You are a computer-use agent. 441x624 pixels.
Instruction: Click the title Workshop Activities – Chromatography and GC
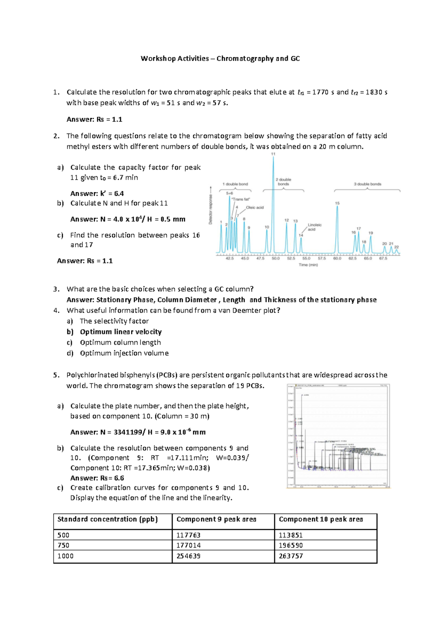pos(220,58)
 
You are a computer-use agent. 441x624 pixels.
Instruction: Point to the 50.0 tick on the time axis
pos(276,258)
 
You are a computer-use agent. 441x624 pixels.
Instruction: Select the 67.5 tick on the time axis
pos(383,258)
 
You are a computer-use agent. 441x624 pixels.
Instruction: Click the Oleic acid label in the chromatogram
pos(255,208)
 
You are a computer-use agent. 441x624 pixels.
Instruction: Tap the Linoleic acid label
pos(314,227)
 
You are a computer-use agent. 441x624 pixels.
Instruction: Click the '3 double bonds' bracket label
pos(367,184)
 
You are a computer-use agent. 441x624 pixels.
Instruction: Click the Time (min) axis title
pos(308,265)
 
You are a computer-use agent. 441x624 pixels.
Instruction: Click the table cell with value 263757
pos(291,556)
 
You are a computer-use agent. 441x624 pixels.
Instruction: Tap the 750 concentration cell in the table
pos(63,545)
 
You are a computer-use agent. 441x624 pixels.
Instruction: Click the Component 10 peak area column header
pos(320,519)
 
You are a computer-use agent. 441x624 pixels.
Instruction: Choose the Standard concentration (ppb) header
pos(107,519)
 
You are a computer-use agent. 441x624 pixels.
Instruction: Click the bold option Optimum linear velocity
pos(121,332)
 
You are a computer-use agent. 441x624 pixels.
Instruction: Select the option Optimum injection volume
pos(124,353)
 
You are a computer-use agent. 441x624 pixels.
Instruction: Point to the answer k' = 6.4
pos(97,194)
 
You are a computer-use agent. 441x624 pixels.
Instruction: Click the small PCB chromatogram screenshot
pos(338,436)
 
